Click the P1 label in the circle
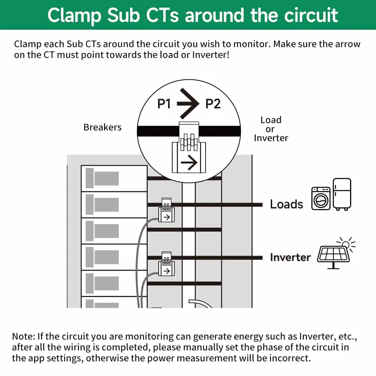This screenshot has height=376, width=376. (x=164, y=104)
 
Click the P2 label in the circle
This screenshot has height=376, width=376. (x=213, y=104)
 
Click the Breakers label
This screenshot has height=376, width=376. (x=102, y=127)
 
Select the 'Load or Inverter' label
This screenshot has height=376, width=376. (x=271, y=129)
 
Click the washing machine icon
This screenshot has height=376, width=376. (x=321, y=199)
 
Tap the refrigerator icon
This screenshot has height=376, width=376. (x=342, y=194)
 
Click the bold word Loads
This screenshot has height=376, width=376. (x=286, y=205)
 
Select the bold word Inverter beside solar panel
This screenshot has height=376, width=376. (x=290, y=258)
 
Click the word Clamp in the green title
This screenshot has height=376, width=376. (x=75, y=15)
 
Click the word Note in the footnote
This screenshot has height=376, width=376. (x=23, y=336)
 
